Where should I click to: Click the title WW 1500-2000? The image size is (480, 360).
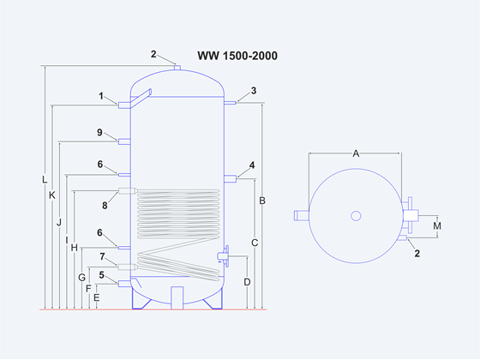(237, 56)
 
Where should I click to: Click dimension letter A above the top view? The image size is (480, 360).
(356, 153)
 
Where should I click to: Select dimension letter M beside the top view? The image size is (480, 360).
(437, 226)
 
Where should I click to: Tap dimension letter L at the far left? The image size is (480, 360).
(45, 180)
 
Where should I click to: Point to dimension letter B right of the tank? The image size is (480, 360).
(262, 201)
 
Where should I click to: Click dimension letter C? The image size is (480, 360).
(255, 243)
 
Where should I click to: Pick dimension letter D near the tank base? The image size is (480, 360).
(248, 282)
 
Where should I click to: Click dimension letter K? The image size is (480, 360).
(52, 195)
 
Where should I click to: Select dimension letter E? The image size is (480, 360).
(96, 297)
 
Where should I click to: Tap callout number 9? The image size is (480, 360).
(99, 132)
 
